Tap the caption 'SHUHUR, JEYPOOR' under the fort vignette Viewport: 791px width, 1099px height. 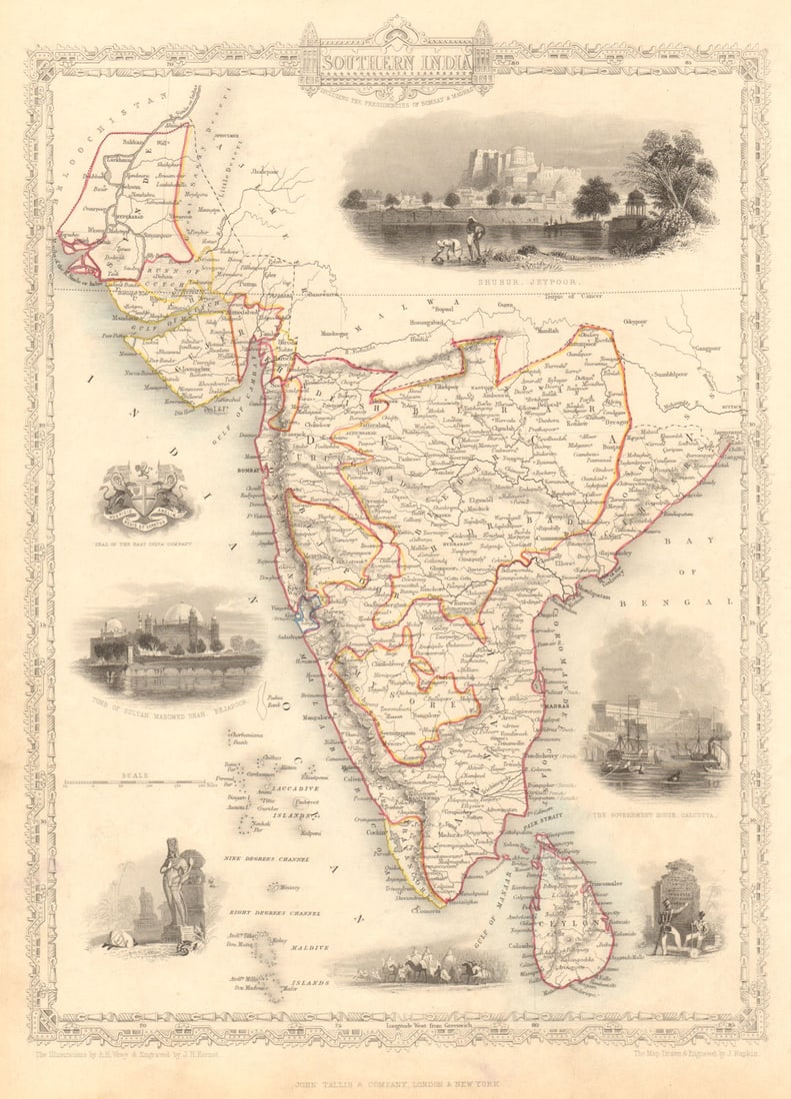click(x=525, y=283)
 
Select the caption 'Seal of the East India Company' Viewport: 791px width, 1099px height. click(x=146, y=544)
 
